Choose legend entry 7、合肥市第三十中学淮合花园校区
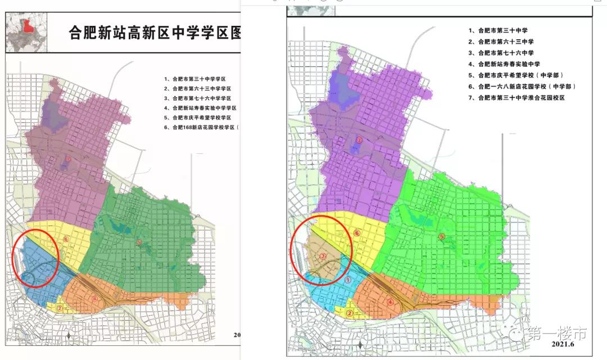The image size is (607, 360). tap(520, 98)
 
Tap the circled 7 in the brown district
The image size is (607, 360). tap(322, 256)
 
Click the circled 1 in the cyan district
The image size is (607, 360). tap(348, 278)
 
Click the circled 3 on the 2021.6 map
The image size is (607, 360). tap(359, 140)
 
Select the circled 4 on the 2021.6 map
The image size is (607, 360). tap(390, 302)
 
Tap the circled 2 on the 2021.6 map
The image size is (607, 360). tap(350, 314)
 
